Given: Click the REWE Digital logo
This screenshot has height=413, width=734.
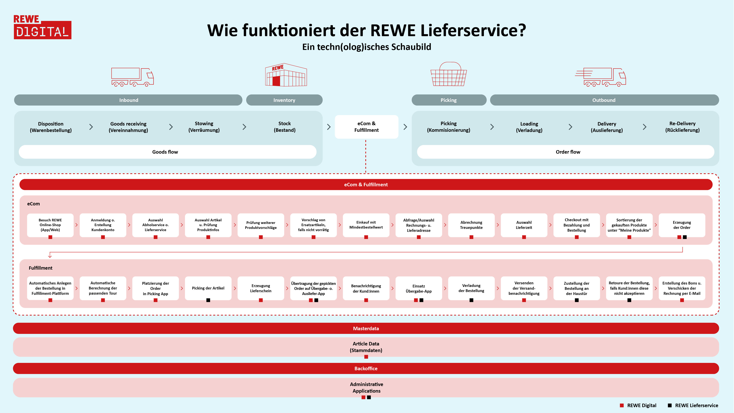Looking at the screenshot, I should (x=42, y=27).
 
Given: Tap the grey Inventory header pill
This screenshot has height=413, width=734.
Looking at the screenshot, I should (x=284, y=100).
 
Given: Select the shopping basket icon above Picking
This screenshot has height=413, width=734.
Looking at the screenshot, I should (x=449, y=74).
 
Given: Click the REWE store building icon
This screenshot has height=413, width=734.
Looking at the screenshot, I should (x=286, y=75).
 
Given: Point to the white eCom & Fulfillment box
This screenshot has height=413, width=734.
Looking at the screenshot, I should (x=366, y=127).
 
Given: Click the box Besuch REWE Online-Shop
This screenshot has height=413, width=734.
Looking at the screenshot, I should (x=50, y=225).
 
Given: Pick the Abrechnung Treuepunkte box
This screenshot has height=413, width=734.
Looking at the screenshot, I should (x=471, y=225).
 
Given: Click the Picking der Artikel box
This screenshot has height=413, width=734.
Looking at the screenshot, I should (x=208, y=288).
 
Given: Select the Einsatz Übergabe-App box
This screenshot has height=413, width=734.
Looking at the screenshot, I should (x=419, y=288).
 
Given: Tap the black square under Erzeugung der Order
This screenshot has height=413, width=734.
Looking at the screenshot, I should (x=685, y=237).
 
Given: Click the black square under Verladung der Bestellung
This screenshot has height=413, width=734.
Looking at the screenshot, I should (x=471, y=300).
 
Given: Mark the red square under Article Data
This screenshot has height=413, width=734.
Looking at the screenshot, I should (x=366, y=357).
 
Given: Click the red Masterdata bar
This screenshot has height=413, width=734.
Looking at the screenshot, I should (x=366, y=328).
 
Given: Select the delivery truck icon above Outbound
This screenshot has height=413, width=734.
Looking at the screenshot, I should (x=601, y=77).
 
